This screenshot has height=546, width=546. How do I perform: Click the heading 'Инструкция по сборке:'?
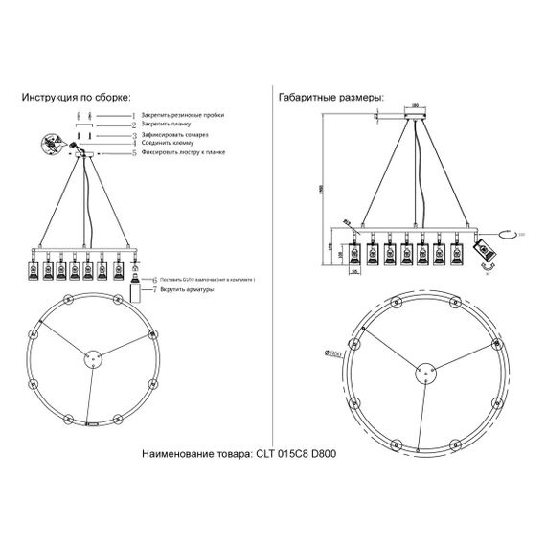tap(74, 98)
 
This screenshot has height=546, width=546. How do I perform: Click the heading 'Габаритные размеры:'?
tap(330, 98)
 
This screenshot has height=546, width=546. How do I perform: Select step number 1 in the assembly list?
tap(133, 114)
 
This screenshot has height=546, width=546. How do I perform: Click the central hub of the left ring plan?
tap(92, 359)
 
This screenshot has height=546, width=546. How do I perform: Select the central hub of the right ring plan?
tap(422, 372)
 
